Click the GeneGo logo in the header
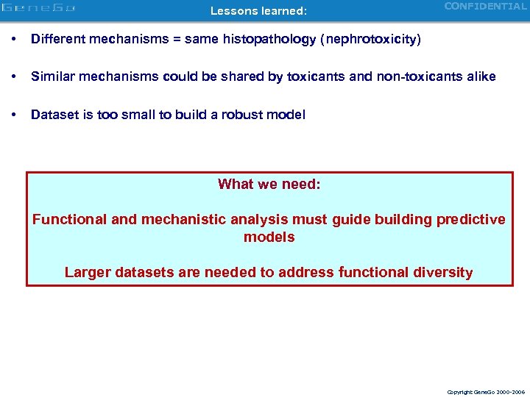38,9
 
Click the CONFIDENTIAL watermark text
485,7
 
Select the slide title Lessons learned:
258,11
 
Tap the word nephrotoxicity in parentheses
377,39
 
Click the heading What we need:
269,184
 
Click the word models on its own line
269,237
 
